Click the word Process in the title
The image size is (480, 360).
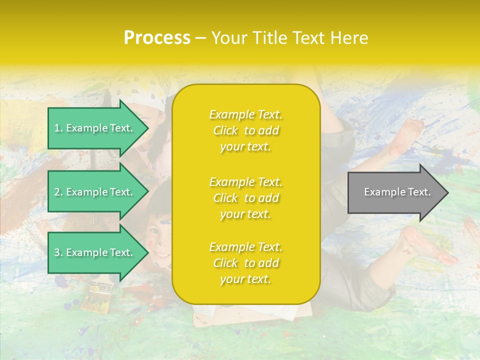coord(157,38)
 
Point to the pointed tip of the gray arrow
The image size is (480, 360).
coord(447,192)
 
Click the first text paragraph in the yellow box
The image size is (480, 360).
coord(245,130)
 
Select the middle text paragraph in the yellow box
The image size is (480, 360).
coord(245,197)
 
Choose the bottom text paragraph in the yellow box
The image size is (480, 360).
coord(245,263)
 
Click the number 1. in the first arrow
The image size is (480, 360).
coord(58,128)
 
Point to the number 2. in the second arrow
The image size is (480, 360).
coord(58,192)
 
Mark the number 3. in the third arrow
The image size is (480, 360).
coord(58,252)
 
